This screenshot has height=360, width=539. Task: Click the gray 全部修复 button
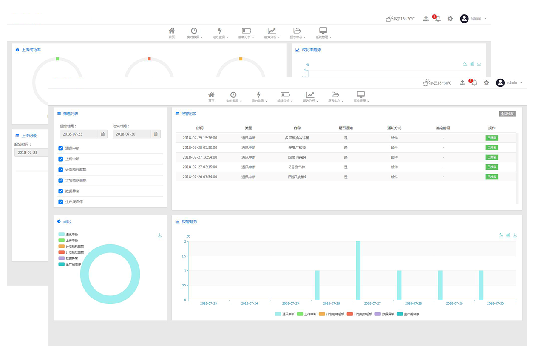coord(507,114)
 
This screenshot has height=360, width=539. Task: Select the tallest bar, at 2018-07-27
coord(358,270)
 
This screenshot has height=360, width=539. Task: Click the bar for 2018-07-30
coord(481,285)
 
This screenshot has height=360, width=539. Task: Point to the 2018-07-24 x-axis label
coord(250,303)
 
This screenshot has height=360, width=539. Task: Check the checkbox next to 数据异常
coord(61,191)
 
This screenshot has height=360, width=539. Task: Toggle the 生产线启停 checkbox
coord(61,201)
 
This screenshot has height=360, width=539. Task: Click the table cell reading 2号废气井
coord(297,167)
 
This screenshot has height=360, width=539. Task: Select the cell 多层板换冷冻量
coord(297,138)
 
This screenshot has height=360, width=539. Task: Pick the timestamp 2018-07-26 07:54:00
coord(200,177)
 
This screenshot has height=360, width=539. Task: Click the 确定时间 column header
coord(443,128)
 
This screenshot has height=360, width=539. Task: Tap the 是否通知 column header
coord(346,128)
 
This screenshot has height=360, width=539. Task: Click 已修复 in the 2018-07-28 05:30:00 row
coord(491,147)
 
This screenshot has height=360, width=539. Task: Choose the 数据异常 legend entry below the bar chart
coord(384,314)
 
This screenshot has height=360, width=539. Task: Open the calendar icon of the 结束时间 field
coord(156,134)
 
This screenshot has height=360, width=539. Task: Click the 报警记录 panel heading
coord(189,114)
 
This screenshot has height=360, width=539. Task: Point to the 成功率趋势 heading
coord(311,50)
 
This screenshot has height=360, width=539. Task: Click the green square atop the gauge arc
coord(57,59)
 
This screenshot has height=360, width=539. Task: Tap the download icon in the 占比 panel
coord(159,235)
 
